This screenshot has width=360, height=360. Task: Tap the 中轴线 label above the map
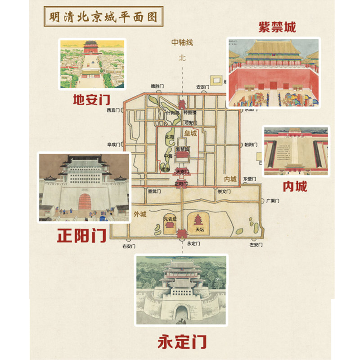tap(182, 42)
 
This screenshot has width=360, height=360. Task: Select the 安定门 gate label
tap(204, 86)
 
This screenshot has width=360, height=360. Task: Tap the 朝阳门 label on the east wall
tap(250, 145)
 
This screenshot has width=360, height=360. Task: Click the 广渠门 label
tap(273, 201)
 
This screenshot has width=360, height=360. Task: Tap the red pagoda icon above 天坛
tap(199, 220)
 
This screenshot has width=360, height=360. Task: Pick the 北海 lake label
tap(169, 137)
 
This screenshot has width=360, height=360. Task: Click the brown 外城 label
tap(140, 213)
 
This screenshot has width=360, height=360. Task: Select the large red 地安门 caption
tap(92, 99)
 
